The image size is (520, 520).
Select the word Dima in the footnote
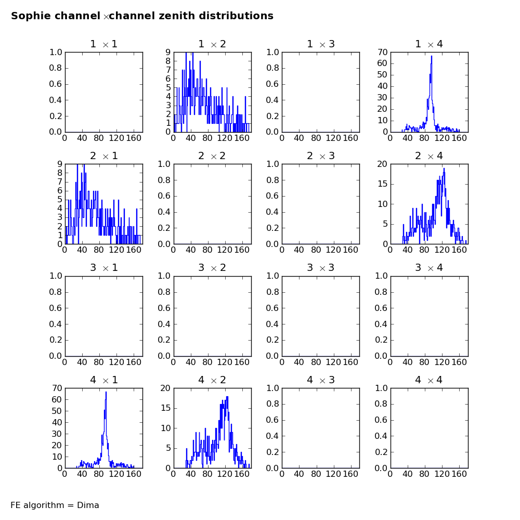click(x=88, y=505)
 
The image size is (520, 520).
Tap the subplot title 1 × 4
click(x=429, y=44)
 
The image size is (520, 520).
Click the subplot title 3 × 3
click(x=321, y=268)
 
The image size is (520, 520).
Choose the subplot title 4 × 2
click(x=212, y=380)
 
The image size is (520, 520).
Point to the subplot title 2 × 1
click(x=104, y=156)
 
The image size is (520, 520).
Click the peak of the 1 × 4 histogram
click(x=432, y=56)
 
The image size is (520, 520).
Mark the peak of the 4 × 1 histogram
click(x=106, y=392)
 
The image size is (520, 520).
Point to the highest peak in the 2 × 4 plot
click(x=444, y=168)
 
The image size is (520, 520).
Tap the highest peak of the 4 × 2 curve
click(x=227, y=397)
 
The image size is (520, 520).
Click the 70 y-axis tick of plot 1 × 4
click(x=382, y=52)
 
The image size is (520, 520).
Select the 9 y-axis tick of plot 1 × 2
click(x=168, y=52)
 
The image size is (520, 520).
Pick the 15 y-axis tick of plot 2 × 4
click(x=382, y=184)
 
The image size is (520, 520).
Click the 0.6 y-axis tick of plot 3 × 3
click(x=272, y=308)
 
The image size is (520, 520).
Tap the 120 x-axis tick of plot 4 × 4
click(x=441, y=474)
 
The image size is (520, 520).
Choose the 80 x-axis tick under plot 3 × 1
click(x=99, y=362)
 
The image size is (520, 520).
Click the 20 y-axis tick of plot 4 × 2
click(x=165, y=388)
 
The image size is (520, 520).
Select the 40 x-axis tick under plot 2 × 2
click(x=190, y=250)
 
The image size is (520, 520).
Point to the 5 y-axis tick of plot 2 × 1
click(x=60, y=199)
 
